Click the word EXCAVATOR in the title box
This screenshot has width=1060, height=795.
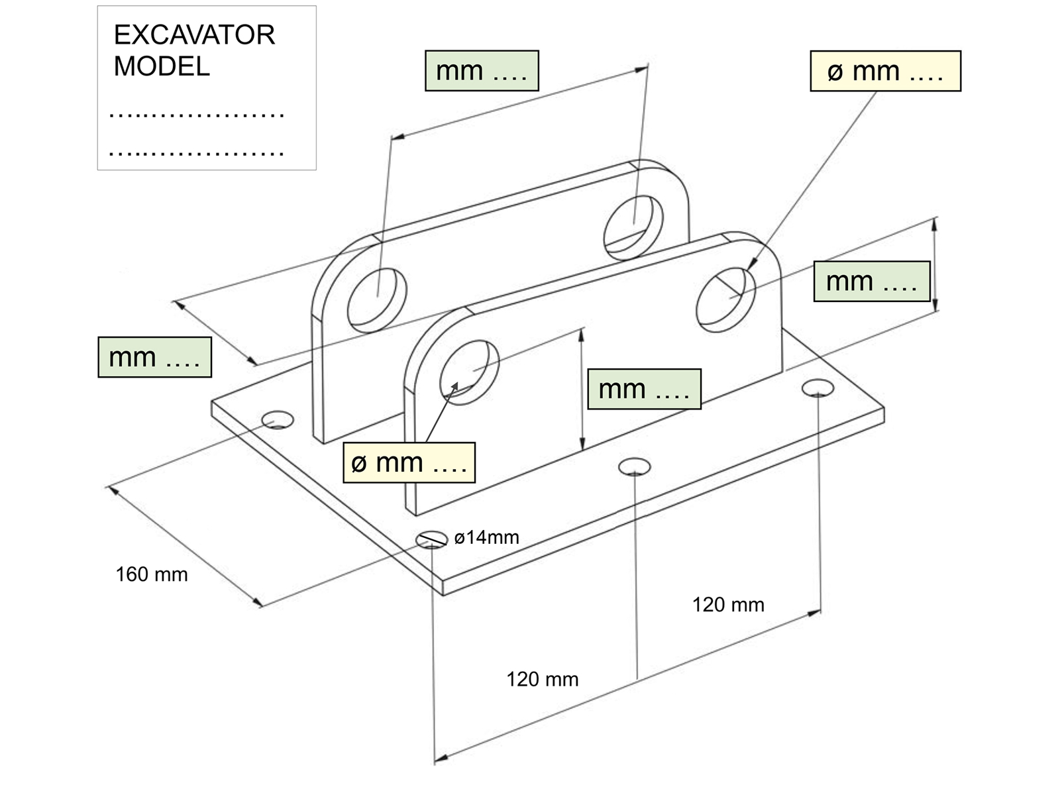tap(194, 35)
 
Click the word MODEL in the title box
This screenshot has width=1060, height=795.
tap(162, 66)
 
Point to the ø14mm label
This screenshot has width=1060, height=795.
tap(486, 537)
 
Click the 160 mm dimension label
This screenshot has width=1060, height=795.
tap(152, 574)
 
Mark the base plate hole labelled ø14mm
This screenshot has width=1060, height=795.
tap(431, 540)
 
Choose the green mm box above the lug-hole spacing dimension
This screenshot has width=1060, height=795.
tap(482, 71)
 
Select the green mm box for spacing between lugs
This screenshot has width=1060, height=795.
tap(154, 357)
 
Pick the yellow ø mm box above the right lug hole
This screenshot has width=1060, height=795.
tap(885, 71)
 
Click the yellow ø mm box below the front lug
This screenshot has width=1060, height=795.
tap(409, 462)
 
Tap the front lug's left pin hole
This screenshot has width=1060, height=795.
tap(469, 372)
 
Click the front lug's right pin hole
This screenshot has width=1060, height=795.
tap(725, 299)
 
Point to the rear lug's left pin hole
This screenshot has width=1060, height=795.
tap(376, 300)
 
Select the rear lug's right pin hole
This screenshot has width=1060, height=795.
tap(633, 227)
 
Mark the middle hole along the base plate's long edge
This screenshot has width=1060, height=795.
tap(634, 466)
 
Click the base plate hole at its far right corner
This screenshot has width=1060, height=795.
tap(818, 388)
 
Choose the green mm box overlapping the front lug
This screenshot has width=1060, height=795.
tap(644, 389)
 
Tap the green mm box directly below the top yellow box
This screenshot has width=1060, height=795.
tap(872, 282)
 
